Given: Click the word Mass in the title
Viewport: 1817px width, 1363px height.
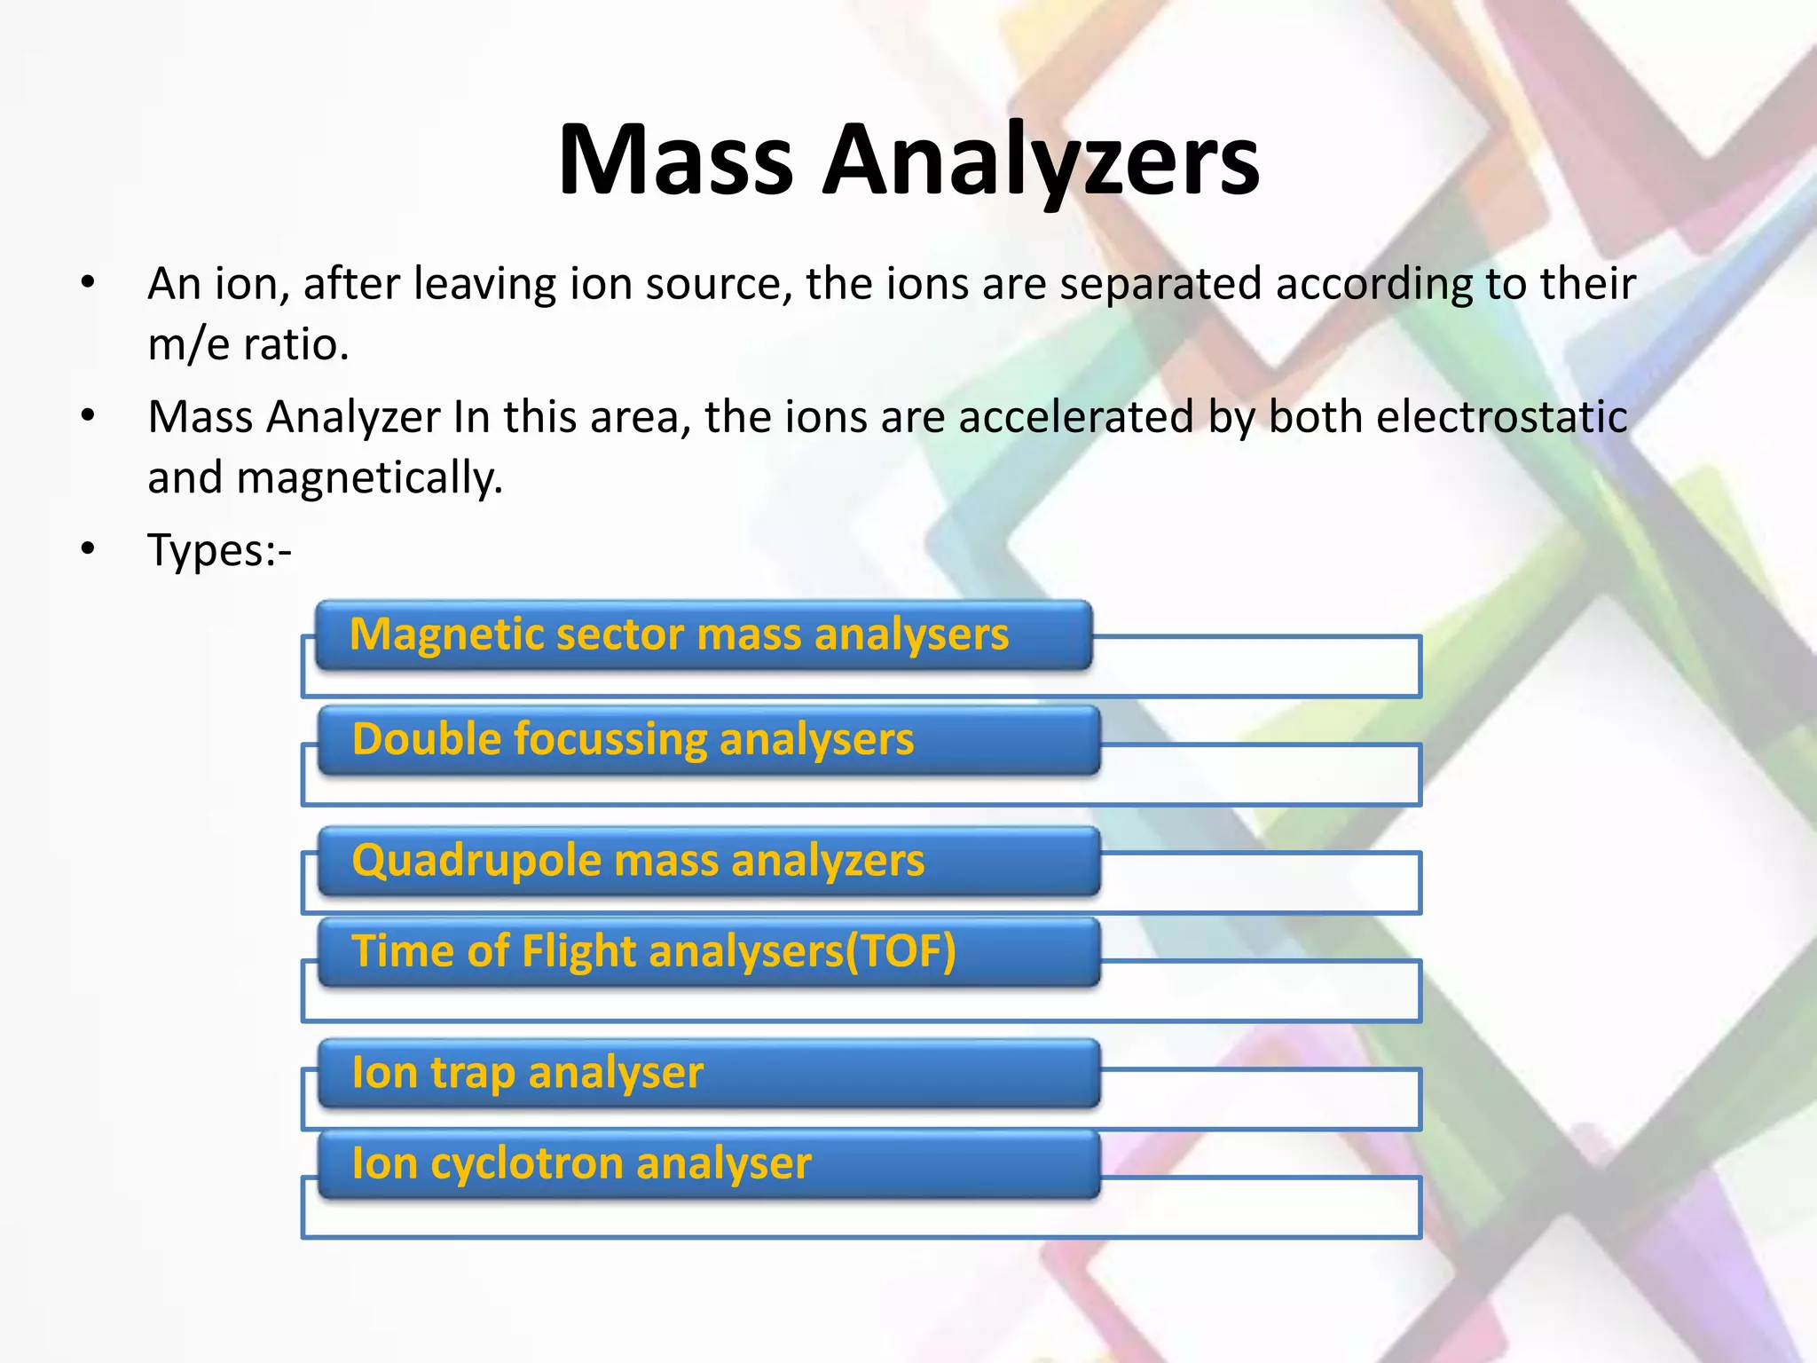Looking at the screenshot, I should point(675,161).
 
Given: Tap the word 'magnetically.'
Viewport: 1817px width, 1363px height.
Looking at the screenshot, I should point(369,478).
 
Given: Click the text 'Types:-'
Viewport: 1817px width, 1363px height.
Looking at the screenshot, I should point(219,550).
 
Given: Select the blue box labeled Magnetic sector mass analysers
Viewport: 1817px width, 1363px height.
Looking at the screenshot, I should point(704,635).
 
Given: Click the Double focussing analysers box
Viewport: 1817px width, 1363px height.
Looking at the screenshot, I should point(708,740).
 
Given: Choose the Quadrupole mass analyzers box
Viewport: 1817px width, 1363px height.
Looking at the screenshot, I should point(708,862).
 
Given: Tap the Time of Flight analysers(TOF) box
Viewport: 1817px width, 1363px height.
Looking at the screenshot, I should point(708,952).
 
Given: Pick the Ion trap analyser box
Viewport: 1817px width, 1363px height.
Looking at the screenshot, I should point(708,1074).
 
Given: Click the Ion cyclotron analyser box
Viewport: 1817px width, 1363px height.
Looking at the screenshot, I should point(708,1164).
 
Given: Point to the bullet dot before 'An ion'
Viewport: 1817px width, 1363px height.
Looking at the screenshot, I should point(87,284).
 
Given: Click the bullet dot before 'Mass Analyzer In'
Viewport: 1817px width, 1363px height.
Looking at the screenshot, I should point(87,416).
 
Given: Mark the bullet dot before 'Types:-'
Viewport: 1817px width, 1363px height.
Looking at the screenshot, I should point(87,550).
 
